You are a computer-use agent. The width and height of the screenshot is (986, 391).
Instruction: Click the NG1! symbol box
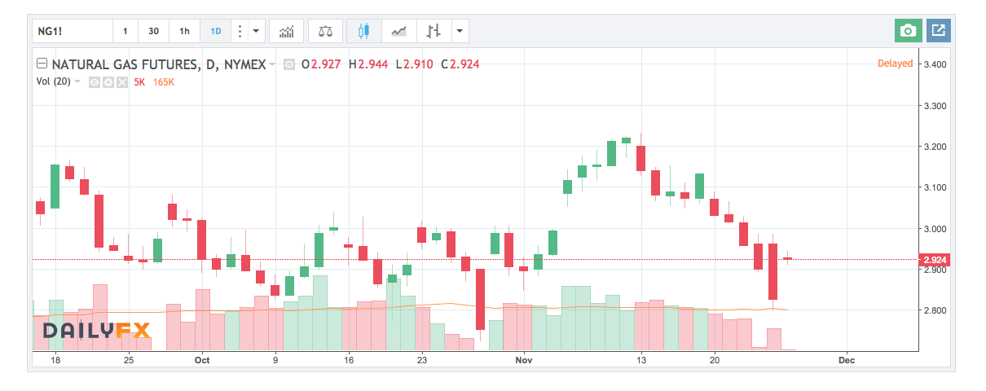coord(72,31)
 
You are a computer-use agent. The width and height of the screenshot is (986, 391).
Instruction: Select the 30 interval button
coord(153,31)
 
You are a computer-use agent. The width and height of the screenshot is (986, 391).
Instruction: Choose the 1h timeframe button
coord(184,31)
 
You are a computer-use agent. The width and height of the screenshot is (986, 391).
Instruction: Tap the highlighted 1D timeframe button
coord(216,31)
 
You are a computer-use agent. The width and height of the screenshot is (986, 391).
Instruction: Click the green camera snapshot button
coord(908,31)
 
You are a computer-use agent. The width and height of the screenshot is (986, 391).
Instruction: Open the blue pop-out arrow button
coord(938,31)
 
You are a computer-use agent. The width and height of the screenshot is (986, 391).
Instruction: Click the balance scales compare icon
coord(326,31)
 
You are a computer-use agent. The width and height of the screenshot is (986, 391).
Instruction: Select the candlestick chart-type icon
coord(363,31)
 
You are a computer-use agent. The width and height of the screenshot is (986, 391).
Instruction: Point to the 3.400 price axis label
coord(932,64)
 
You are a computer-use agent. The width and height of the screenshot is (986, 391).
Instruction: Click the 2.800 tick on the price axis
coord(932,310)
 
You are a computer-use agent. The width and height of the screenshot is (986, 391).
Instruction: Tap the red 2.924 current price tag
coord(932,260)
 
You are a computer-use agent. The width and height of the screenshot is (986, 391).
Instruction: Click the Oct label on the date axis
coord(202,359)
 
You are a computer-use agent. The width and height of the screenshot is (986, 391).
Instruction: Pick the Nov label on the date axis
coord(524,359)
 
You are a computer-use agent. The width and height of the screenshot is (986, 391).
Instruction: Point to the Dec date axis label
coord(846,359)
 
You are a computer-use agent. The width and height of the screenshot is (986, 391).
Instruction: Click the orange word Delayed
coord(895,64)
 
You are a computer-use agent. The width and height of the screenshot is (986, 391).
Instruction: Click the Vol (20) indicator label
coord(53,81)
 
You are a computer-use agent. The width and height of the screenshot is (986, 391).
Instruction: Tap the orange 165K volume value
coord(164,81)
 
